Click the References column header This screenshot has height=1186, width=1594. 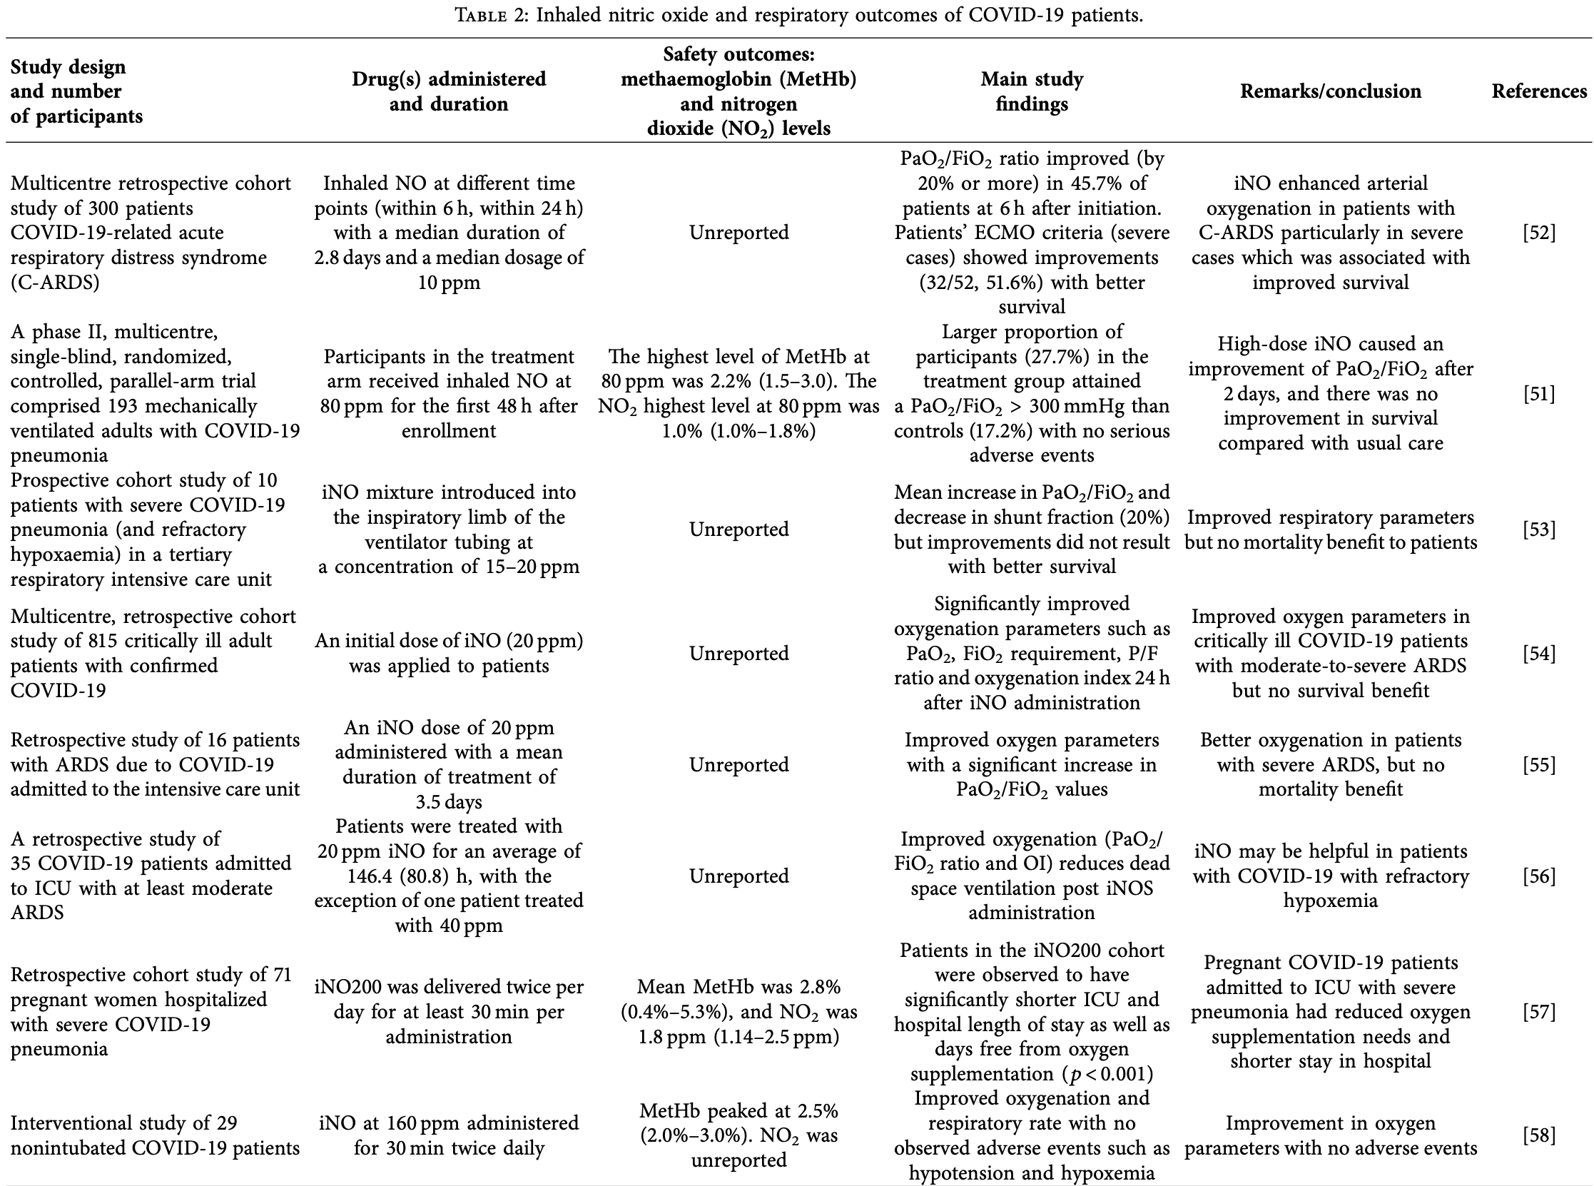point(1539,91)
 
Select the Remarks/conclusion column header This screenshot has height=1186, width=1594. point(1330,91)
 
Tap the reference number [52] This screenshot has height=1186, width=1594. point(1539,233)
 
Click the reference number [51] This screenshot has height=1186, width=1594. point(1539,393)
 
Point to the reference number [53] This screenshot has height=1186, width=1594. point(1539,529)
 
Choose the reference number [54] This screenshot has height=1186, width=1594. point(1539,654)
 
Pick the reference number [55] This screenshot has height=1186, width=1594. point(1539,764)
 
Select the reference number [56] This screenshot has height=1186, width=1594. point(1539,876)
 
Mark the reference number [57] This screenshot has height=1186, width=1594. point(1539,1012)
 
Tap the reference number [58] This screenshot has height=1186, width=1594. point(1539,1135)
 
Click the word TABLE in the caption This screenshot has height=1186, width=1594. point(480,15)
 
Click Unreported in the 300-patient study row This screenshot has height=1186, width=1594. point(738,233)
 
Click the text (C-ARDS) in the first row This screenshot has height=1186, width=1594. point(54,282)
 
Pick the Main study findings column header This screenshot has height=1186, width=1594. point(1031,91)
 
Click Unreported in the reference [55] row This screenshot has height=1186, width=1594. point(738,764)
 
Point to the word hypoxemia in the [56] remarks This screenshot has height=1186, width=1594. point(1330,901)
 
